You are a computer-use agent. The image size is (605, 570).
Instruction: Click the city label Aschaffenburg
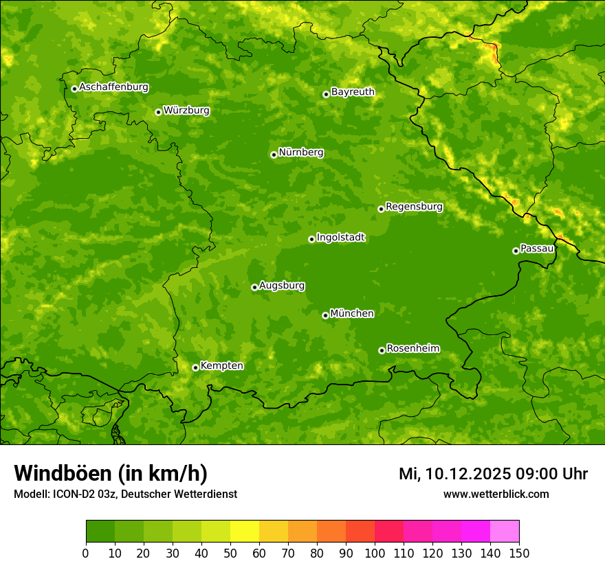click(113, 87)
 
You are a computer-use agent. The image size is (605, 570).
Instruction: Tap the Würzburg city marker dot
click(158, 112)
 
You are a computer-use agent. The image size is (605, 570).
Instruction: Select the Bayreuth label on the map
click(353, 92)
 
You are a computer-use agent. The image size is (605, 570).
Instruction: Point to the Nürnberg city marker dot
click(274, 155)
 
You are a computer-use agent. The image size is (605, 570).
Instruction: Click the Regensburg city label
click(414, 207)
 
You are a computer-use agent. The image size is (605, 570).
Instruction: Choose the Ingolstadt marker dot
click(311, 239)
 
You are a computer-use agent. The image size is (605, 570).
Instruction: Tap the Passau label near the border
click(537, 249)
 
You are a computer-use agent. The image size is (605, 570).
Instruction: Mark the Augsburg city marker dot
click(254, 287)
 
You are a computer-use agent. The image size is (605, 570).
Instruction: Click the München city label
click(352, 314)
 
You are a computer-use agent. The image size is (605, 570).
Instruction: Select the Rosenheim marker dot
click(382, 350)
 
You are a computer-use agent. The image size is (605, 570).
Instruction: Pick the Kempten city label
click(221, 366)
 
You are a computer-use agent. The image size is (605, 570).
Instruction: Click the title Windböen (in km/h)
click(110, 473)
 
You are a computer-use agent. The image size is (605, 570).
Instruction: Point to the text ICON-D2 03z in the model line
click(82, 494)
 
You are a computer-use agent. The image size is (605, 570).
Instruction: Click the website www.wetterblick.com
click(496, 494)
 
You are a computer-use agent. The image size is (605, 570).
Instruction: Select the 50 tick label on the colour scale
click(230, 553)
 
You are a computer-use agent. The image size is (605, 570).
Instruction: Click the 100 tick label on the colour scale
click(375, 553)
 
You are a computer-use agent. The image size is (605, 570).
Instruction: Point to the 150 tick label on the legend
click(519, 553)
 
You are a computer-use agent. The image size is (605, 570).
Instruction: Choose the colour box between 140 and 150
click(505, 532)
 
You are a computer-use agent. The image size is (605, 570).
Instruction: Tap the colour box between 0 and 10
click(100, 532)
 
